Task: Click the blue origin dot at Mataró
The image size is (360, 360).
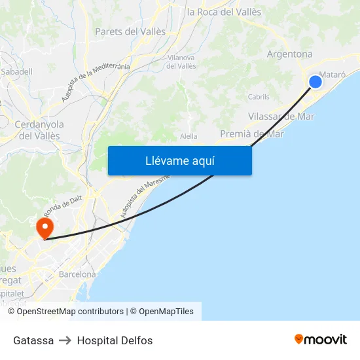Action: coord(315,81)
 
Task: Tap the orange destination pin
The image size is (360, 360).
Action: coord(45,228)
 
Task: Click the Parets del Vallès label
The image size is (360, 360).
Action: coord(130,31)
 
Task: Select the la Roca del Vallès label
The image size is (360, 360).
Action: coord(224,12)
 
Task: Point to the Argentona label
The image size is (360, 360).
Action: coord(289,54)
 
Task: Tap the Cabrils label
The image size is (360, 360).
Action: coord(259,97)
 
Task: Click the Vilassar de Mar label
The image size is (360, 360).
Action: coord(281,117)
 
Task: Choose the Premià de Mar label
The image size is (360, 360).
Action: coord(252,134)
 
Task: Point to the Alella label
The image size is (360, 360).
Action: coord(189,136)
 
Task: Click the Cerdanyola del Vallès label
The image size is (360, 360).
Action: coord(39,130)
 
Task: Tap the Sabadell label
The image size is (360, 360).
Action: coord(12,71)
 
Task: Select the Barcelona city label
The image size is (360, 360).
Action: coord(77,274)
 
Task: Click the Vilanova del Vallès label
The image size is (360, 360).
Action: coord(181,62)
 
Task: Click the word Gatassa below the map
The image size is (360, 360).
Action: coord(33,340)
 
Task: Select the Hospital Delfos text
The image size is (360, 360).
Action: coord(115,340)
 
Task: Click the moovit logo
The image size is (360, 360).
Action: coord(320,339)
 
